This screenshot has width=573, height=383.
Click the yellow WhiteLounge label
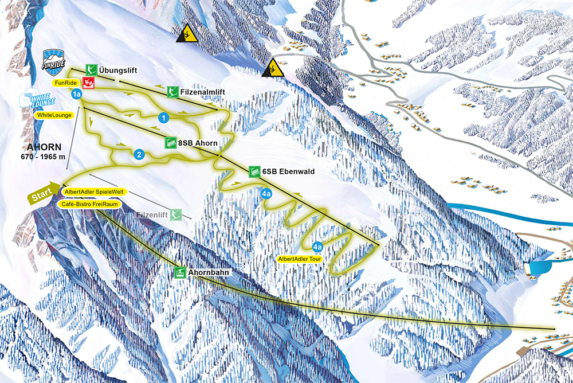coord(54,115)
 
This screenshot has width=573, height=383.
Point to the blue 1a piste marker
coord(76,93)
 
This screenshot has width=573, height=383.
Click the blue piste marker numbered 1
coord(164,118)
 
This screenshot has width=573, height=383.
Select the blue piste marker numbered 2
coord(138,154)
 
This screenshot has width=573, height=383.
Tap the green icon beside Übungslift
coord(91,70)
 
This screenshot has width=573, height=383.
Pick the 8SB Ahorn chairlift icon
coord(170,143)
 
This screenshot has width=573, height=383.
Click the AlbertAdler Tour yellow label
coord(300,259)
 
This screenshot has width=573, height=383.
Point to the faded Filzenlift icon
coord(178,215)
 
